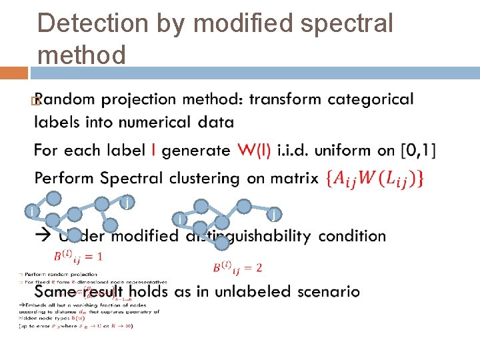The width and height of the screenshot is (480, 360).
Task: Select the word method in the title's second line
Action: click(82, 55)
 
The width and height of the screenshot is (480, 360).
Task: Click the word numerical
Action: click(155, 122)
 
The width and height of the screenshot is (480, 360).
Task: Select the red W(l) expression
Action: click(253, 151)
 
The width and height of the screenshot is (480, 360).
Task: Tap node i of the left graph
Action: click(31, 212)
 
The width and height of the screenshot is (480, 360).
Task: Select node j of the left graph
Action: click(127, 201)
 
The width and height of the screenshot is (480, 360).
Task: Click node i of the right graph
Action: click(179, 219)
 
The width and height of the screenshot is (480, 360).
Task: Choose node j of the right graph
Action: click(274, 214)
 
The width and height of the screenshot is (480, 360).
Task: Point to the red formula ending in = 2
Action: click(237, 268)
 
